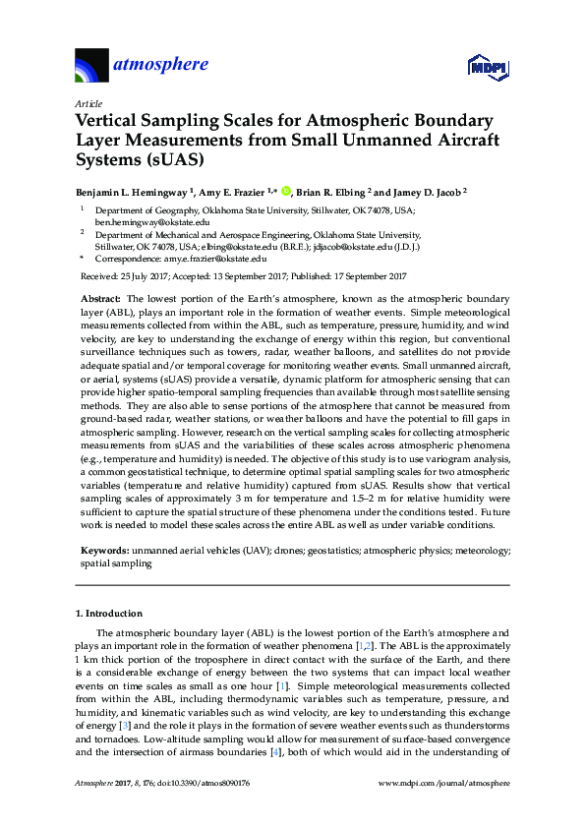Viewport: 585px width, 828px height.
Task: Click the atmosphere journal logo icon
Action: tap(94, 66)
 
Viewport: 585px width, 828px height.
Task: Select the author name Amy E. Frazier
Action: tap(236, 192)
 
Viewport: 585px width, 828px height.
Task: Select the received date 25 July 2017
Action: tap(148, 276)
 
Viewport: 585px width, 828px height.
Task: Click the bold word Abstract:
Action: tap(98, 297)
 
